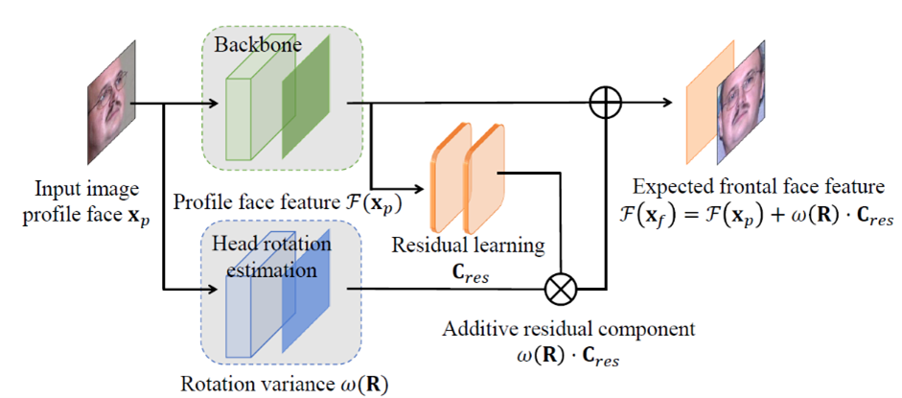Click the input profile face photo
pyautogui.click(x=108, y=98)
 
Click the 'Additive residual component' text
pyautogui.click(x=562, y=328)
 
